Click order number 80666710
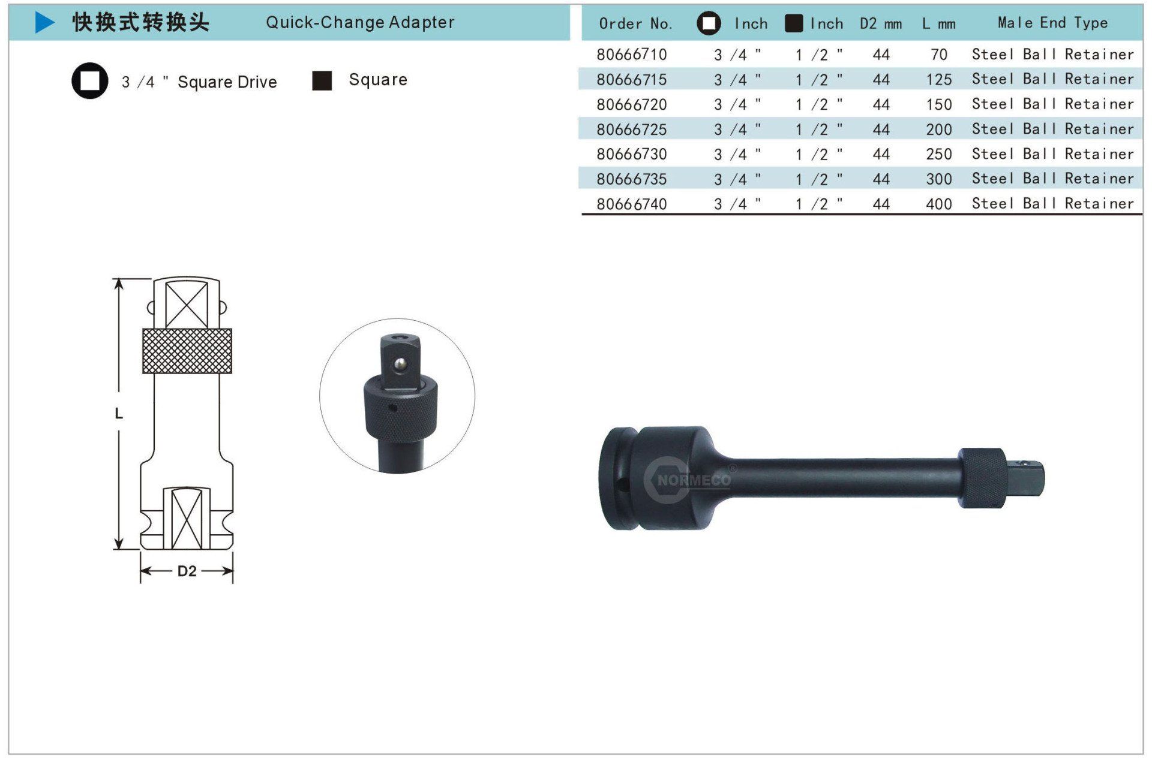[631, 55]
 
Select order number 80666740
[631, 204]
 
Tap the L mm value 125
[939, 80]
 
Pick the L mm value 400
[939, 204]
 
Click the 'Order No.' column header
[635, 24]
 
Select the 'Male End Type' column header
[1052, 23]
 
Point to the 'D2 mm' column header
[880, 24]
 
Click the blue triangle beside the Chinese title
[44, 22]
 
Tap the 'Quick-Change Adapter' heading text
[360, 22]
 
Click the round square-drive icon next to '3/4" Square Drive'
[90, 81]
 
